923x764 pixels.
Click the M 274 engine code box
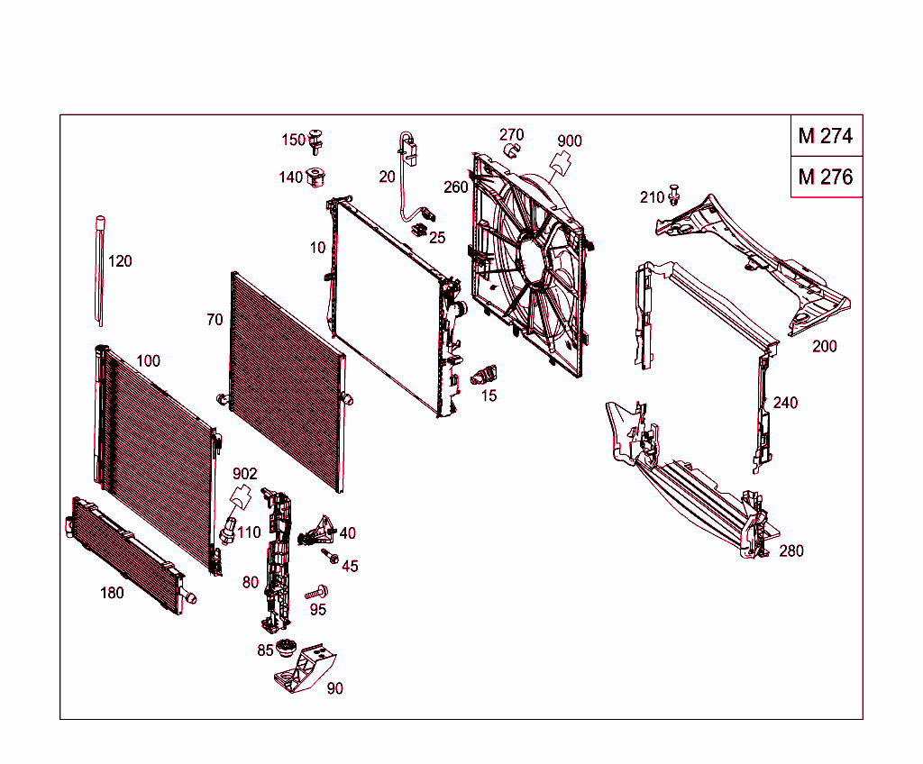click(825, 136)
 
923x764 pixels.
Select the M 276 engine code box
click(825, 177)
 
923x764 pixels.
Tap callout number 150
click(293, 140)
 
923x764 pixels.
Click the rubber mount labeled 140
click(316, 177)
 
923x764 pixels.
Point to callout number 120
click(120, 261)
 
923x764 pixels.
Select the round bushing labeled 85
click(288, 649)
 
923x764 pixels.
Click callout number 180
click(112, 593)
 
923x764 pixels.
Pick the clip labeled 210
click(676, 195)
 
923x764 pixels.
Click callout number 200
click(824, 346)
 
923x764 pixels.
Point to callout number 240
click(785, 403)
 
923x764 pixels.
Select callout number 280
click(791, 550)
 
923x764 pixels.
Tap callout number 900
click(570, 141)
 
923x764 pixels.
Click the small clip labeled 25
click(419, 229)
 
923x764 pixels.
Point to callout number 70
click(215, 320)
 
